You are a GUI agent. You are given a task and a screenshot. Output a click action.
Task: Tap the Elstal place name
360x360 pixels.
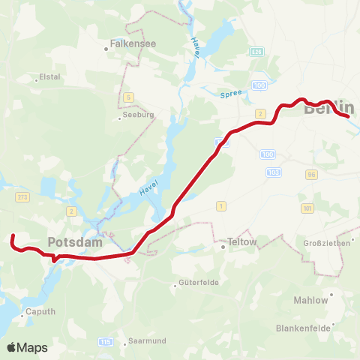click(x=49, y=76)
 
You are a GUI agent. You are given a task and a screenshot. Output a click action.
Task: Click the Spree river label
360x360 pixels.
click(x=231, y=94)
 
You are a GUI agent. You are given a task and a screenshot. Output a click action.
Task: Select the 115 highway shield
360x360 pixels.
click(x=104, y=342)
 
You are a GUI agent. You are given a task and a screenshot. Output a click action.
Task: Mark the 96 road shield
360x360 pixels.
click(x=310, y=174)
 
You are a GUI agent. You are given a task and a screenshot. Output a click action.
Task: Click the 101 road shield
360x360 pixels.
click(x=307, y=207)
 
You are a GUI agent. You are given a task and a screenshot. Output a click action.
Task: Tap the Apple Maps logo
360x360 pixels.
click(x=27, y=347)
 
